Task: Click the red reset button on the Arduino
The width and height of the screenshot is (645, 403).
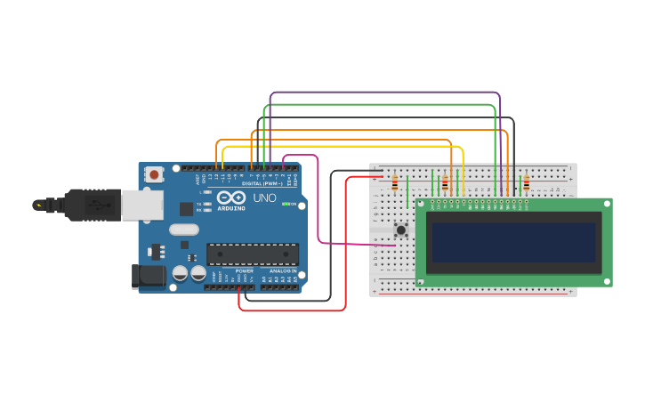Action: [155, 175]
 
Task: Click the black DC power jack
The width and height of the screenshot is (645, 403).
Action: [148, 277]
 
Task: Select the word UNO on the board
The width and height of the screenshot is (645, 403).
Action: [265, 197]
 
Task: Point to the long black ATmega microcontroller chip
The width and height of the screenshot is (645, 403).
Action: [253, 254]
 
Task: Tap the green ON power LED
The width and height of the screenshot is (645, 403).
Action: [284, 204]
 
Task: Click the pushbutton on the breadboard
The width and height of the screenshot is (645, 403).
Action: [401, 230]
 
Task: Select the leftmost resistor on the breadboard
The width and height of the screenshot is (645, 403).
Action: [395, 184]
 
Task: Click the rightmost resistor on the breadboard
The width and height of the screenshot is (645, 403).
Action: [526, 184]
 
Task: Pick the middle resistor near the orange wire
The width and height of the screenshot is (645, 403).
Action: [445, 184]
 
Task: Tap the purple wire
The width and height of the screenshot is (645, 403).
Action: [383, 93]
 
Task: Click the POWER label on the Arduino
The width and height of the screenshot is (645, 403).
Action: [244, 270]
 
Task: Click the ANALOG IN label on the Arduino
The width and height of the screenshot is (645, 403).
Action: [283, 270]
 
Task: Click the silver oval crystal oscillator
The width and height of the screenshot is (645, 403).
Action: [183, 230]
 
